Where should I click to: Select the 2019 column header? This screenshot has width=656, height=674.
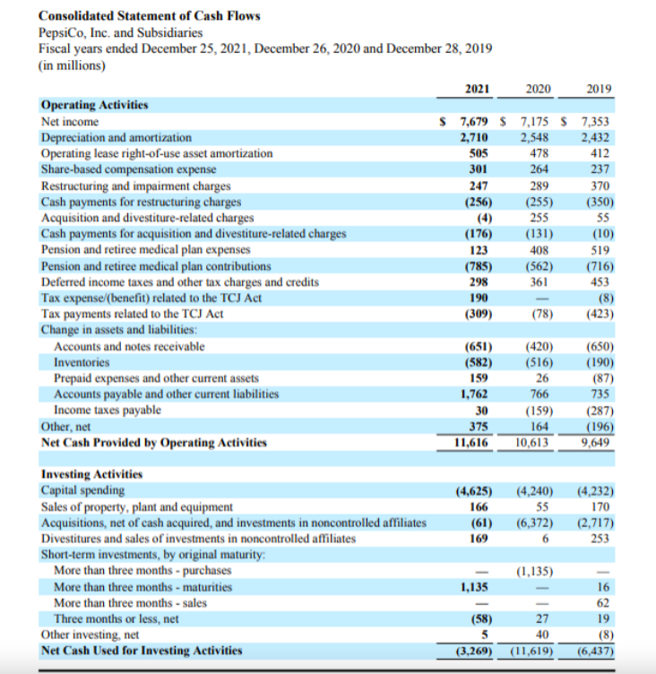click(597, 88)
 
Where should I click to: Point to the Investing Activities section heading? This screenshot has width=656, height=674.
click(91, 474)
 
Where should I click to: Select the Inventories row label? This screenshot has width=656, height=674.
click(82, 362)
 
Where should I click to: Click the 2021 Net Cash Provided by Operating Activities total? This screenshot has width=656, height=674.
click(475, 443)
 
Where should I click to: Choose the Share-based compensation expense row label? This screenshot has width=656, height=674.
click(128, 169)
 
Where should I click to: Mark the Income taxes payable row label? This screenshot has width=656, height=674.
click(108, 410)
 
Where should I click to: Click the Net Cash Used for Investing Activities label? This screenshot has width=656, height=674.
click(142, 650)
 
